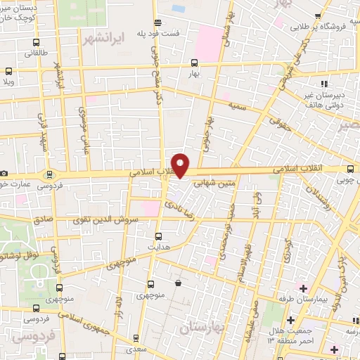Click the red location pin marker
click(181, 165)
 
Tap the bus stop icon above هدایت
click(157, 236)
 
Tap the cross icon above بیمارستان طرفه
click(303, 288)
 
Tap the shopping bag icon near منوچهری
click(178, 283)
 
